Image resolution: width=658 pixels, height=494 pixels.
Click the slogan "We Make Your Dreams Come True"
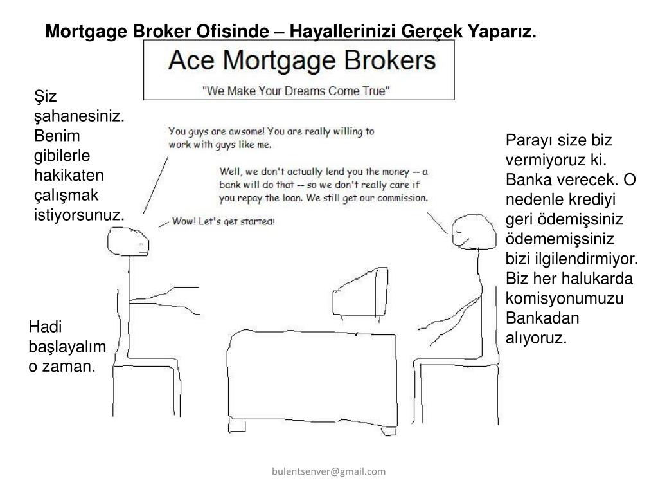(296, 91)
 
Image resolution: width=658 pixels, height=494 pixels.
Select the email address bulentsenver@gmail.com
(328, 471)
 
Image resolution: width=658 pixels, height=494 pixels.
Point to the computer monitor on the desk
(360, 293)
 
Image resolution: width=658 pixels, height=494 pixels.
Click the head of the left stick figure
(128, 241)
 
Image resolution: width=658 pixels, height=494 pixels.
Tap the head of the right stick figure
(474, 232)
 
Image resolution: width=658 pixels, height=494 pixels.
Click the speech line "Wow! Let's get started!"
(224, 221)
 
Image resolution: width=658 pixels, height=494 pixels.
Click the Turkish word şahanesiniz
(79, 116)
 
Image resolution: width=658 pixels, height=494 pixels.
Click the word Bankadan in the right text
(542, 318)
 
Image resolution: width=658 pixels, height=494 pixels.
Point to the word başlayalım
(67, 347)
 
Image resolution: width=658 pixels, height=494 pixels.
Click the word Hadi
(45, 327)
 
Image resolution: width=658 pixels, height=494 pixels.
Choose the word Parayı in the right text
(530, 141)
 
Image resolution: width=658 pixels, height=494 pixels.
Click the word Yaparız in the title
(502, 32)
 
